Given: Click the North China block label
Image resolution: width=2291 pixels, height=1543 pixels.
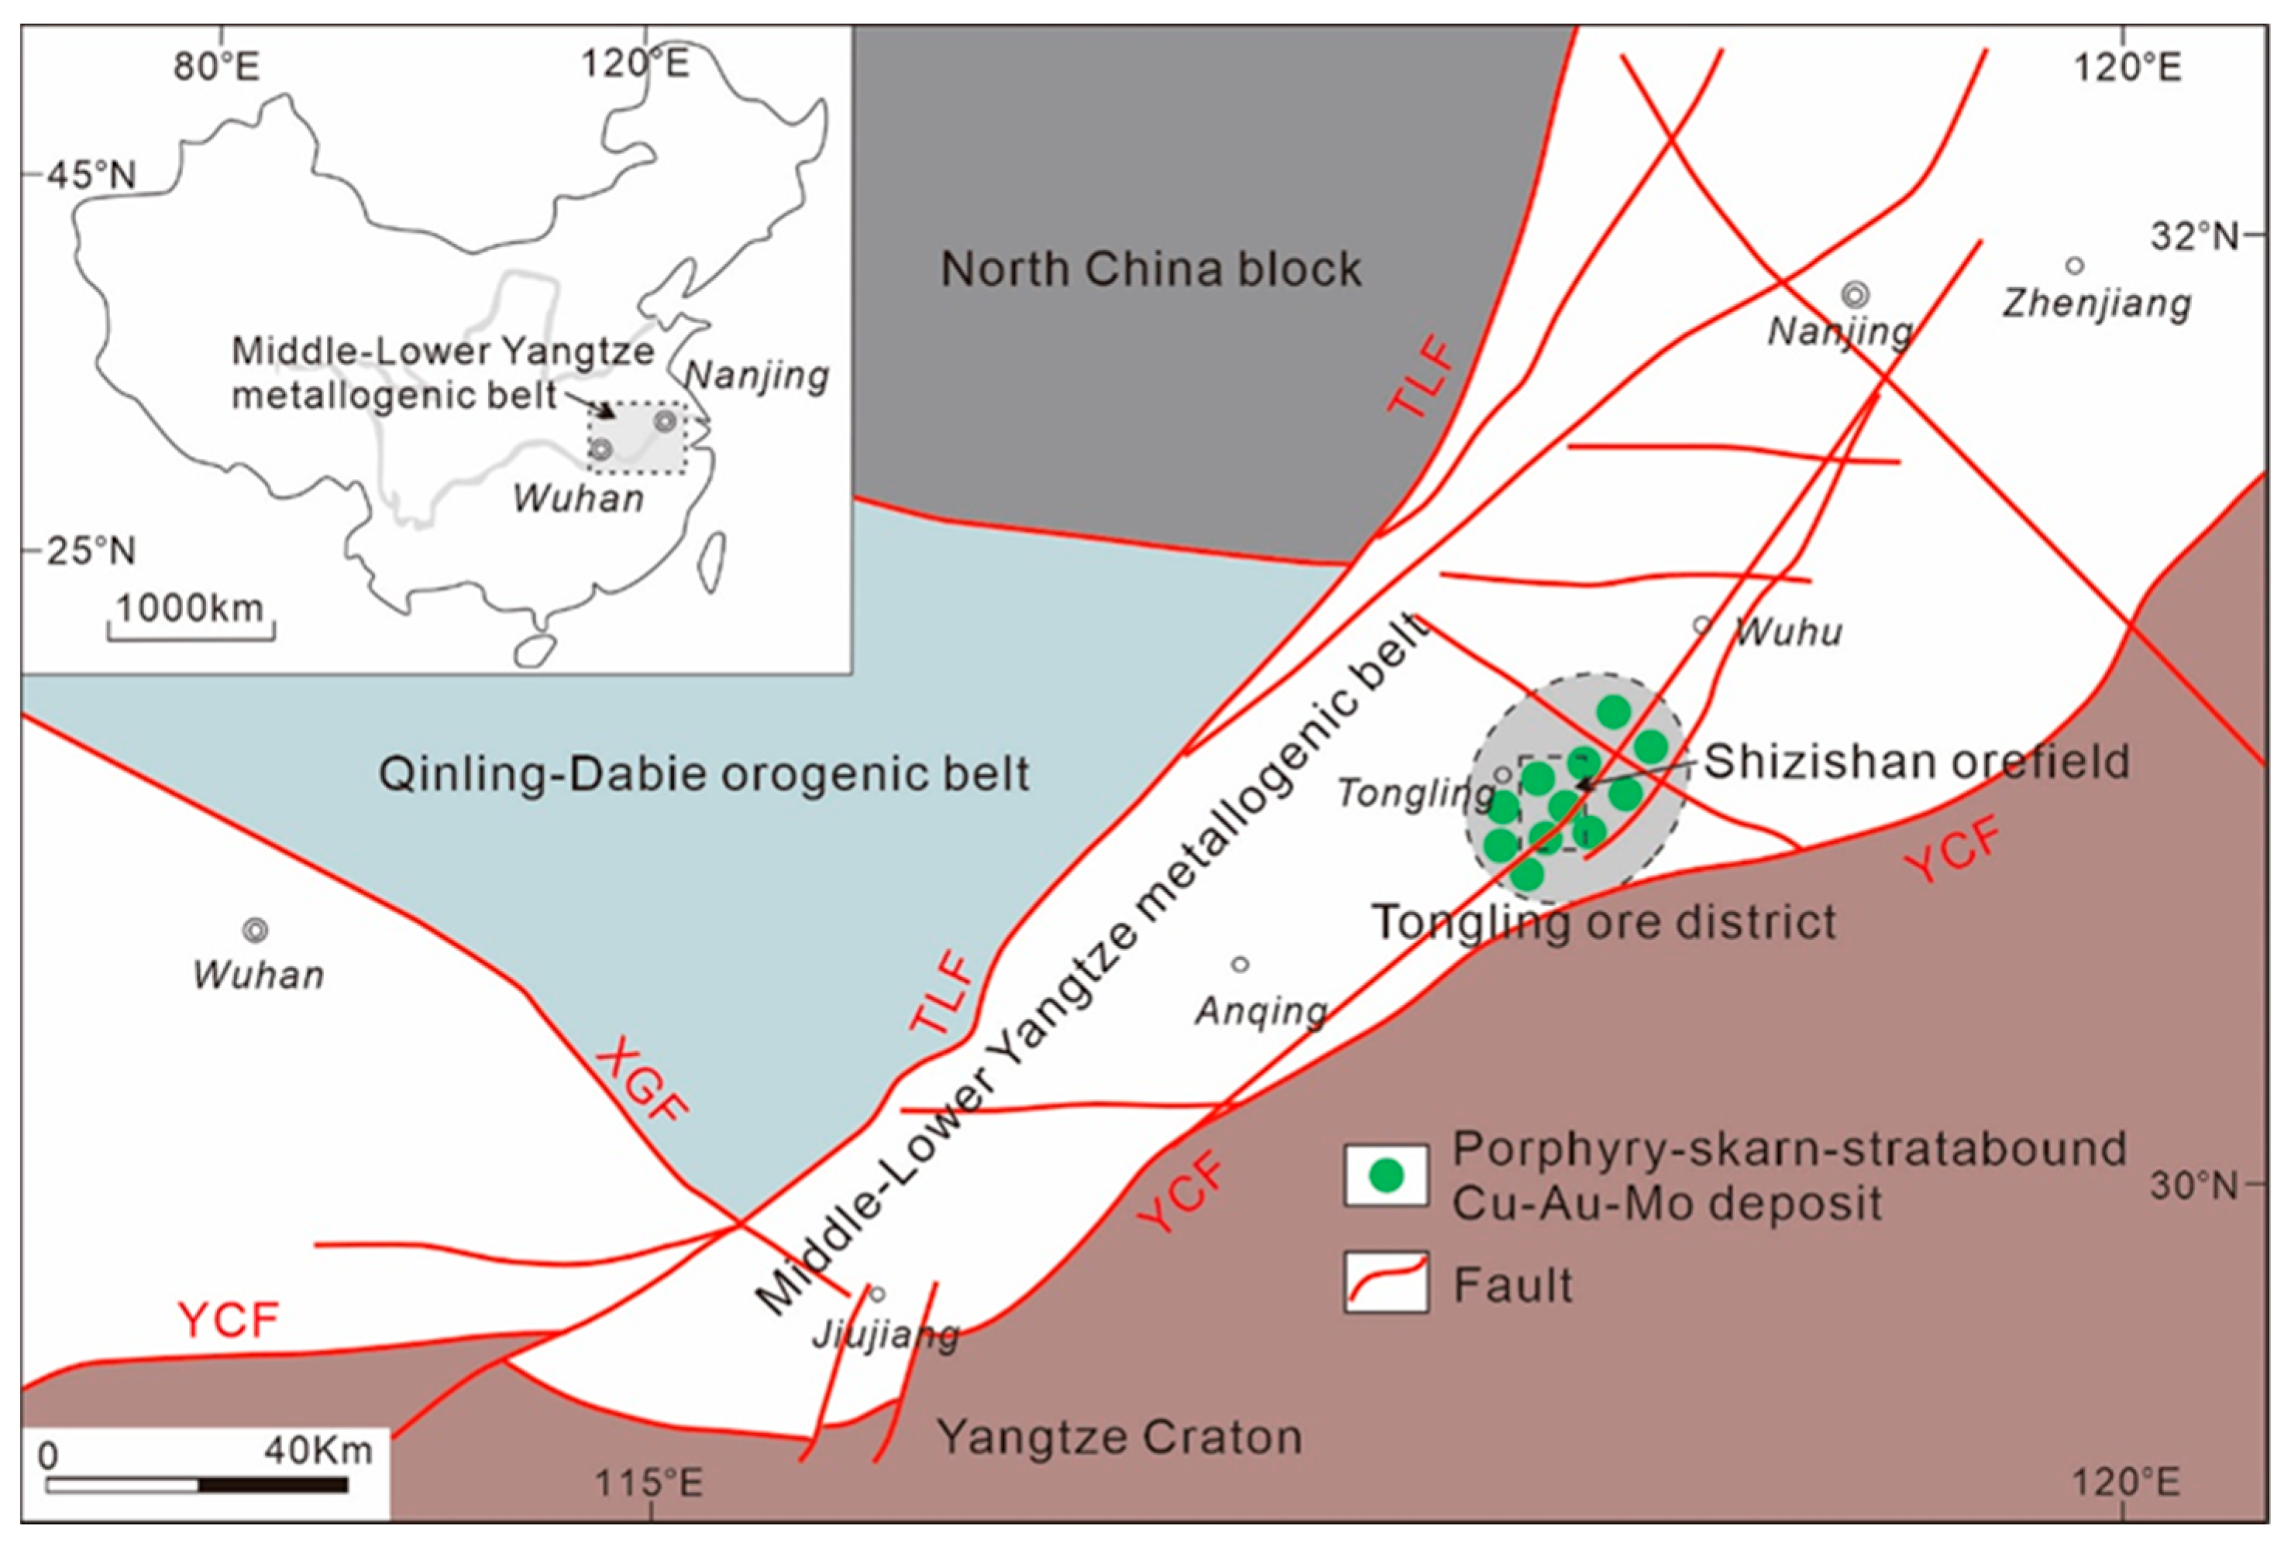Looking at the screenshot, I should coord(1150,269).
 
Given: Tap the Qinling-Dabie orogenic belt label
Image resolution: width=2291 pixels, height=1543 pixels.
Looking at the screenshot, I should coord(704,774).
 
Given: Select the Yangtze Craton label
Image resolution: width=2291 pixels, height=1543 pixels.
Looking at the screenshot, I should coord(1120,1437).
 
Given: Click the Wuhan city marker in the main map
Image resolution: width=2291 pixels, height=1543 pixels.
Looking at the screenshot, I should coord(256,930).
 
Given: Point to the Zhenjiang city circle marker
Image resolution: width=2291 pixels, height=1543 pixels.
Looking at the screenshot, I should coord(2074,266).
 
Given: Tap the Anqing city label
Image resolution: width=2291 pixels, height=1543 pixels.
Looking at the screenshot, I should coord(1261,1010).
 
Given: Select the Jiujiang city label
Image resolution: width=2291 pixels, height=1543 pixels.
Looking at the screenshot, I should coord(885,1335).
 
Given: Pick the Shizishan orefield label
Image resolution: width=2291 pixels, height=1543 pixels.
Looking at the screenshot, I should coord(1917,761).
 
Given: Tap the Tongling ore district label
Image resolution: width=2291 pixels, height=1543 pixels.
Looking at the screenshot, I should coord(1604,922).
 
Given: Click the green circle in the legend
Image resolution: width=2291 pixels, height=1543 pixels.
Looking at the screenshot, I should coord(1386,1175).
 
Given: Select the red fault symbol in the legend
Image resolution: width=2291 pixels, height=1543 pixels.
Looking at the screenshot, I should coord(1386,1282).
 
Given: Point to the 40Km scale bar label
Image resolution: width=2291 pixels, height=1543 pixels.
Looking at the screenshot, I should coord(317,1452).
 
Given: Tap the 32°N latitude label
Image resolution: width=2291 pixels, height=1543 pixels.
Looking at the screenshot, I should coord(2193,236).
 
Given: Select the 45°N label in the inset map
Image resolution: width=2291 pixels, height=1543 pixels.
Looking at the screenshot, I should coord(91,175).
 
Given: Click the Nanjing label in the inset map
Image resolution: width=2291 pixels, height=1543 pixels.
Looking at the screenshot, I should coord(756,376).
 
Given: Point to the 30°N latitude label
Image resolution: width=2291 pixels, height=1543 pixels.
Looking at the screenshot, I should coord(2193,1186).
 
